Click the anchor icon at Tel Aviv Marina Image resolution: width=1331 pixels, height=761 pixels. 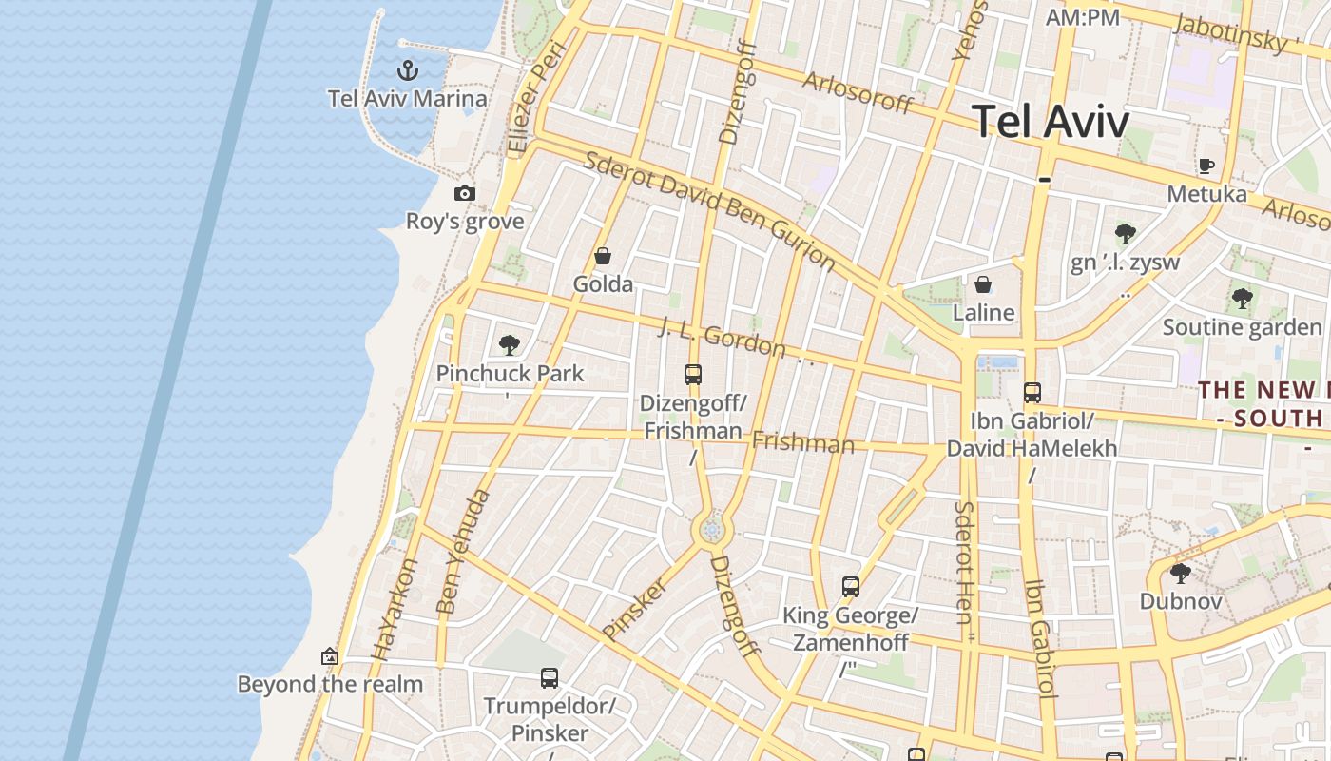coord(407,69)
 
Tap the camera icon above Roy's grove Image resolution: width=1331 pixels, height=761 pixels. coord(465,193)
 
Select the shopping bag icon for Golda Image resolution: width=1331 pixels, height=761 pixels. coord(602,256)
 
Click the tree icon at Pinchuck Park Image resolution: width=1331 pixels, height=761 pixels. coord(510,344)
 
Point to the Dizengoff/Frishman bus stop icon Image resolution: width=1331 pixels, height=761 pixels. coord(693,375)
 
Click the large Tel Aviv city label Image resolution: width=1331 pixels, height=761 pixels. coord(1051,122)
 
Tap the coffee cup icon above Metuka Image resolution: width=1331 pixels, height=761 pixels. coord(1206,166)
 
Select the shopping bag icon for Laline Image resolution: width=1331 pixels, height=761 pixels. coord(983,284)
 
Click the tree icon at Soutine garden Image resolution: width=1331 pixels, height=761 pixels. coord(1242,299)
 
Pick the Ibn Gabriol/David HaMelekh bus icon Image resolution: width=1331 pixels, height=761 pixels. coord(1032,392)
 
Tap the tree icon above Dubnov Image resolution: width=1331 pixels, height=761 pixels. coord(1180,573)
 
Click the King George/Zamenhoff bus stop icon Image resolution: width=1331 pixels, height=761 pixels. coord(851,587)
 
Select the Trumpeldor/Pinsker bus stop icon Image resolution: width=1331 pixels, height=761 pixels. coord(550,678)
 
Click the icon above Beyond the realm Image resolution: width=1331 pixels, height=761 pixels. coord(330,656)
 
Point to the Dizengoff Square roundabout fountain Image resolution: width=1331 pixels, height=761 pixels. coord(712,530)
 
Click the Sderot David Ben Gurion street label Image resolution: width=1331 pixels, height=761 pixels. coord(709,209)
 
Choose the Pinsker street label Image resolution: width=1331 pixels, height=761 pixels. coord(635,608)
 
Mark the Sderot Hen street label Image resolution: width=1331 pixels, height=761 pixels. coord(964,562)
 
